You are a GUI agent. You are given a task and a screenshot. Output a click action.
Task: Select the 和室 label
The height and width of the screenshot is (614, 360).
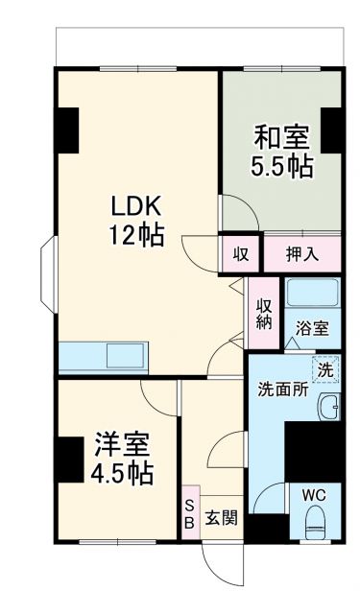tap(281, 135)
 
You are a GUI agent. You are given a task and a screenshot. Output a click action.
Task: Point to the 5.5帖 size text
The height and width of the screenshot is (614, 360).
tap(281, 165)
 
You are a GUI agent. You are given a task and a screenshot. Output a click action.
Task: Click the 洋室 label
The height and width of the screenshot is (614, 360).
tap(122, 445)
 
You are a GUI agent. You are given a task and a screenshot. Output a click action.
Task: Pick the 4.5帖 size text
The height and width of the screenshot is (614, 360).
tap(122, 474)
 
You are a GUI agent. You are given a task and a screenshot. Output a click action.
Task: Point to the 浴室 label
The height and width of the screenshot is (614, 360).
tap(312, 327)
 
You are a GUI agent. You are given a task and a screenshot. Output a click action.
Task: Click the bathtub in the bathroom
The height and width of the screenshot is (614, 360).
tap(312, 295)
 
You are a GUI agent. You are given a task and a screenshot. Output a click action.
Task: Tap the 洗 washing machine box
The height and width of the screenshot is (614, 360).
tap(327, 368)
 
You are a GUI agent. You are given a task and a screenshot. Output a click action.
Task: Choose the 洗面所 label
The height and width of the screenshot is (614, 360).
tap(281, 390)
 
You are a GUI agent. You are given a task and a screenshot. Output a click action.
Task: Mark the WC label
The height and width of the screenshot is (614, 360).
tap(315, 494)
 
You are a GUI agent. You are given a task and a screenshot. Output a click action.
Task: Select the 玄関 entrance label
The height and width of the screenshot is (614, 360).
tap(221, 518)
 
